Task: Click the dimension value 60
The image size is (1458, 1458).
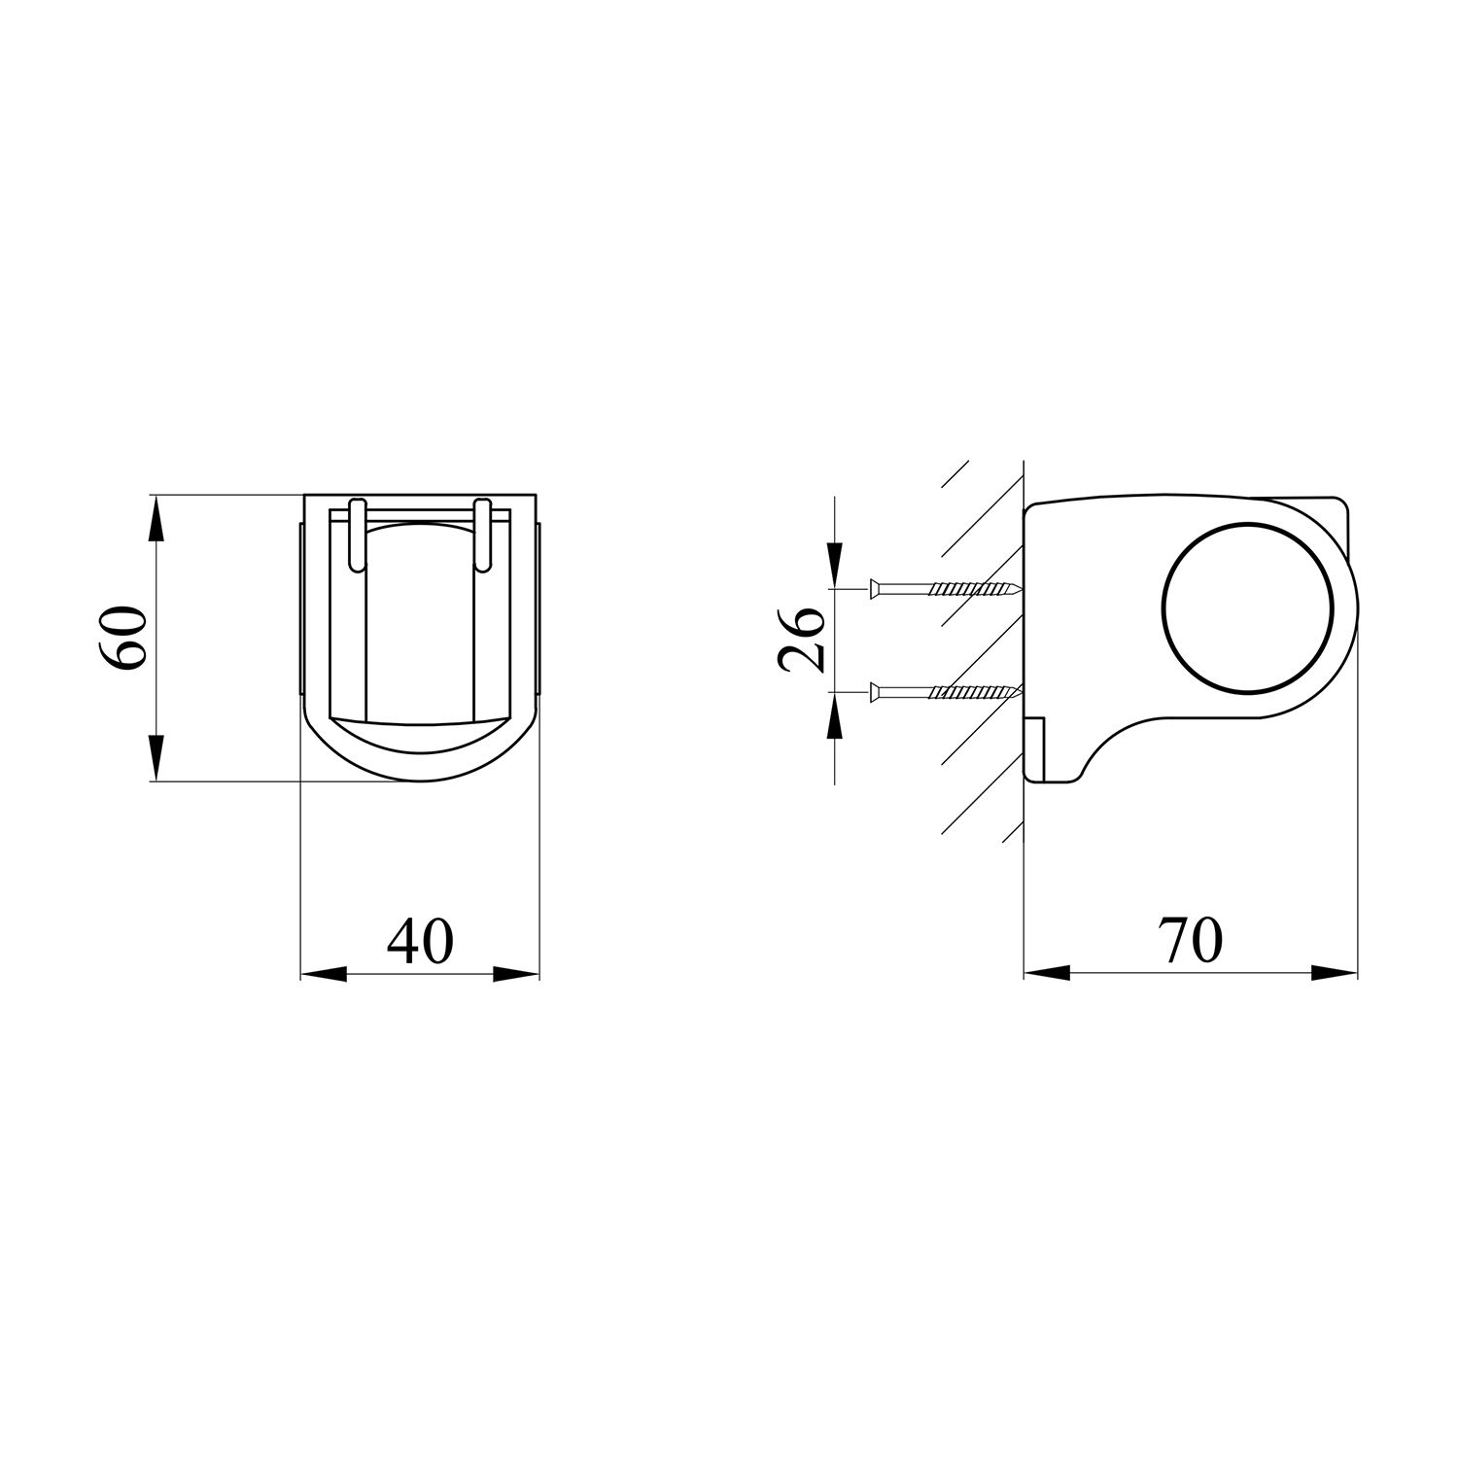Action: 122,638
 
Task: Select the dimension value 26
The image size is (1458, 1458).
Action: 802,639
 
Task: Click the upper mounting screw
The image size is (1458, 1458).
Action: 944,588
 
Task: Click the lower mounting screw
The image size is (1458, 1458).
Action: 944,692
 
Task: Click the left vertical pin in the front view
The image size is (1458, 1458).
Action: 357,535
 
